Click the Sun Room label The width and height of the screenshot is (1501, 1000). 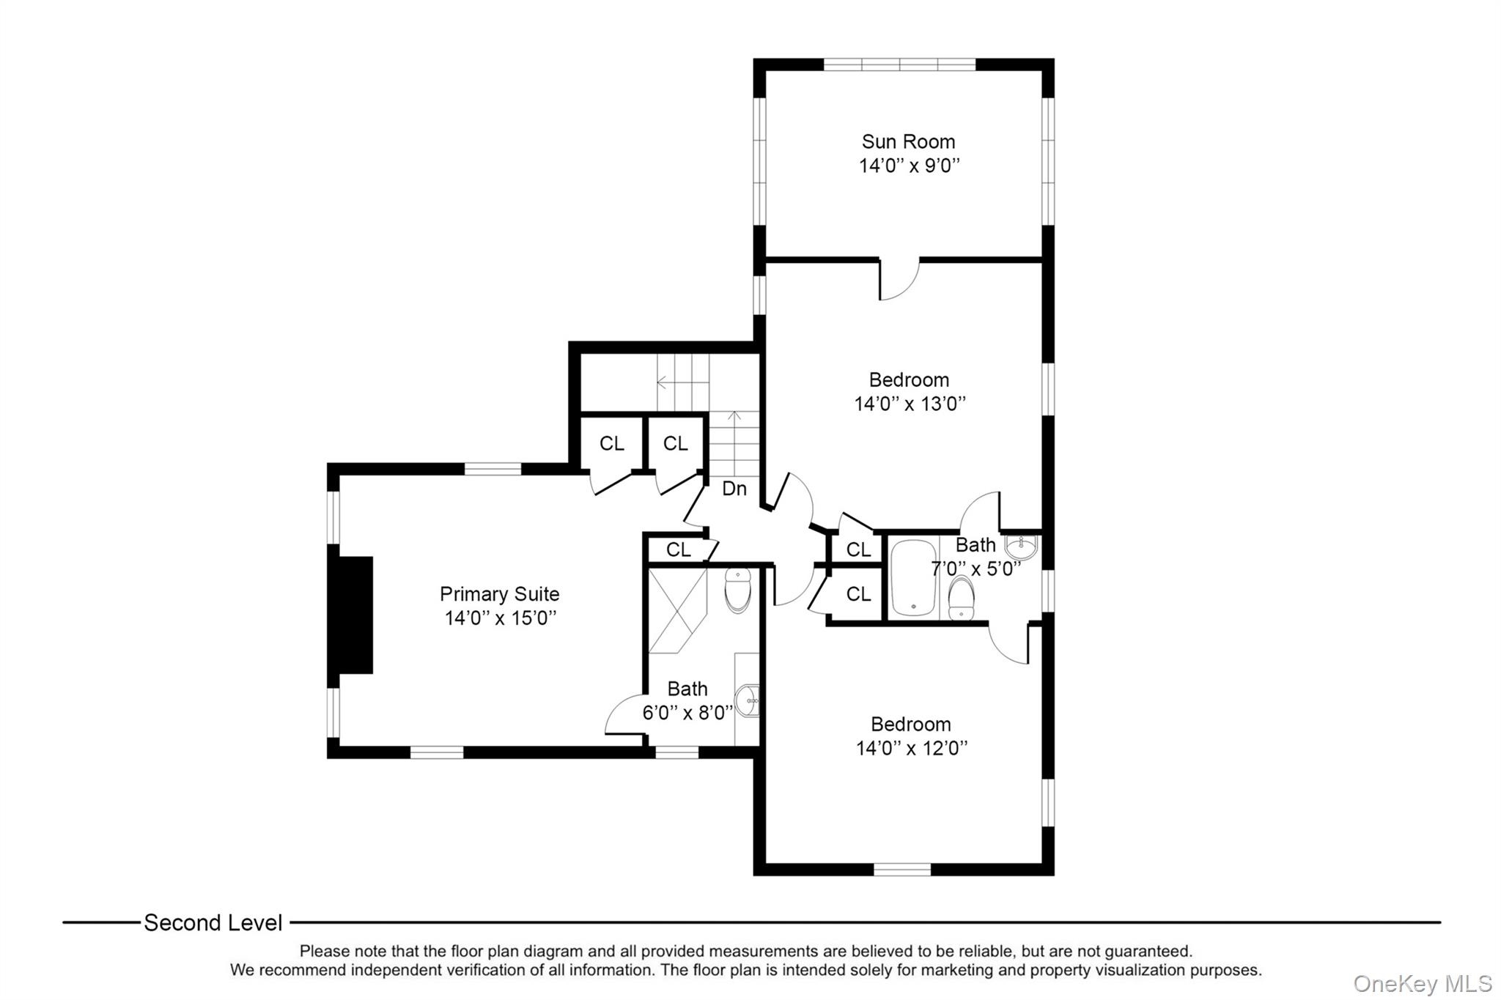908,141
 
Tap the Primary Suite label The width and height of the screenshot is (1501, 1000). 499,594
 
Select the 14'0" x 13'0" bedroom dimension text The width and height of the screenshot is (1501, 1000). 910,404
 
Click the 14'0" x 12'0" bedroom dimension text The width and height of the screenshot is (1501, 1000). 912,748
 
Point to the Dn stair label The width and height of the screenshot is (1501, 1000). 734,489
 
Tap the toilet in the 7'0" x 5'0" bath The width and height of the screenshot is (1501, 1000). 961,599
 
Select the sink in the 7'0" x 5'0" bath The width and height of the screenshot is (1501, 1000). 1022,547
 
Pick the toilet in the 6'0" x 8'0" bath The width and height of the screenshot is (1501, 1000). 738,590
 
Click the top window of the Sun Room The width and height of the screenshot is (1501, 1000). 899,64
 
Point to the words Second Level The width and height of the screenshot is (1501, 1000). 213,923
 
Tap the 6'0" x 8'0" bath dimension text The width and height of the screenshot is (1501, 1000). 687,713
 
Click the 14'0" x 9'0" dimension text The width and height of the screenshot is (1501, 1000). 910,166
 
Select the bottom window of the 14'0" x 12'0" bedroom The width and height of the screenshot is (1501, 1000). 902,870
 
